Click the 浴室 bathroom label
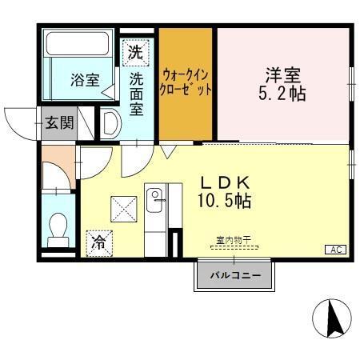(x=84, y=80)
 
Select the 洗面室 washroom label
(x=137, y=94)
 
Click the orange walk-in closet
(x=186, y=84)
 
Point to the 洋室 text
(x=283, y=74)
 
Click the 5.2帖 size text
(x=284, y=93)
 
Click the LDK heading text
(x=226, y=182)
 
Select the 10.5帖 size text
(x=226, y=201)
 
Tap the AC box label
(x=336, y=250)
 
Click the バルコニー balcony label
(x=235, y=276)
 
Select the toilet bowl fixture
(x=58, y=233)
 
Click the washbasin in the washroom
(x=111, y=122)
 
